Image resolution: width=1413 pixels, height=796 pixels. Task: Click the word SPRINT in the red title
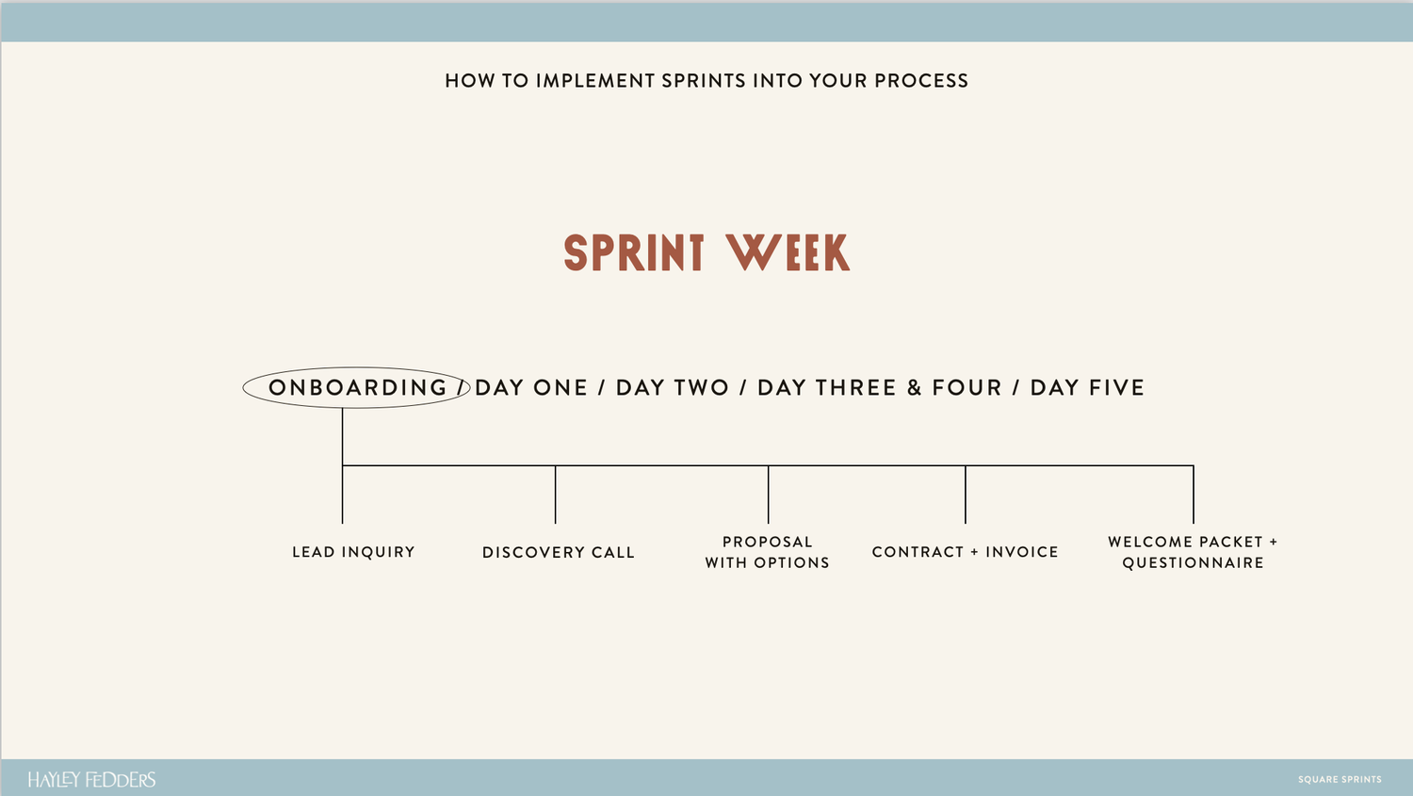coord(634,253)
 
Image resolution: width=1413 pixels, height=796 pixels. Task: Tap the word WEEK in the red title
coord(788,253)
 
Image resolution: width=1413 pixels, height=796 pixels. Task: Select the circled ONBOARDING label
coord(357,388)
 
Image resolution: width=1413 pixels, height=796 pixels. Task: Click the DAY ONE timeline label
coord(531,388)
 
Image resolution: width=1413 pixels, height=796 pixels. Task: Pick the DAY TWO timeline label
coord(673,388)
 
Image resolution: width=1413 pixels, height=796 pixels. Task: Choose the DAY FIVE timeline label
coord(1087,388)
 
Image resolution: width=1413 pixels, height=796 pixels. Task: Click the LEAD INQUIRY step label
coord(353,552)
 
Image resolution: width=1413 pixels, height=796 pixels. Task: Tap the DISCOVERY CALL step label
coord(559,552)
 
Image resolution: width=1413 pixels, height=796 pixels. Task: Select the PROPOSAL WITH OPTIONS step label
coord(768,552)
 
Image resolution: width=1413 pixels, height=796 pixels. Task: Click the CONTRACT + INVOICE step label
coord(965,552)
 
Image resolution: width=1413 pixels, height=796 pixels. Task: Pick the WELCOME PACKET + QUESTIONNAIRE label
coord(1193,552)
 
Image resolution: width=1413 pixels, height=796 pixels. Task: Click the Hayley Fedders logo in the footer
coord(91,780)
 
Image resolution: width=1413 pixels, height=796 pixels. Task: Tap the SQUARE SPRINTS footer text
coord(1340,780)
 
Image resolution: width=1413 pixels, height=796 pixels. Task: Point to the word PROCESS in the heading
coord(921,81)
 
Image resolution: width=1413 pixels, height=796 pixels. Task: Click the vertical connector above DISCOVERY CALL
coord(556,495)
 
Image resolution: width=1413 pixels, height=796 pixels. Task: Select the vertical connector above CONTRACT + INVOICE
coord(966,495)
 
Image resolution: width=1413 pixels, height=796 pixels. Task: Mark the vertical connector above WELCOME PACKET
coord(1194,495)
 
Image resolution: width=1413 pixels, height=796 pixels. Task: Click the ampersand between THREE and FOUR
coord(914,388)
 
